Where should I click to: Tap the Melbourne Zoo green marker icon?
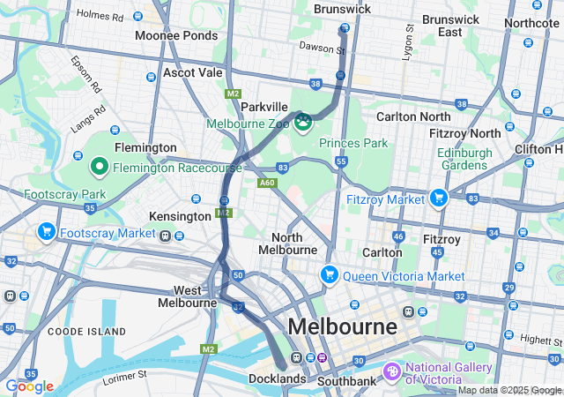click(303, 120)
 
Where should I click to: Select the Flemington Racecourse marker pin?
click(100, 166)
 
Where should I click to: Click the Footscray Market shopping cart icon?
click(46, 232)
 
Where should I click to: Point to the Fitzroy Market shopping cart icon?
click(438, 198)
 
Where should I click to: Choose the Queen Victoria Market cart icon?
click(329, 274)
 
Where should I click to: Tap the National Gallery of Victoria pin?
click(393, 372)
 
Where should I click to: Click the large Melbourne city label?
click(342, 326)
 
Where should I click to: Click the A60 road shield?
click(267, 183)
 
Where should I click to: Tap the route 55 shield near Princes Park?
click(341, 162)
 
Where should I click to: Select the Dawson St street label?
click(322, 48)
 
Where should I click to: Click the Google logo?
click(29, 386)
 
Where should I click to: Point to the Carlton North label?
click(413, 116)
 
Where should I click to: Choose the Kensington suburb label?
click(180, 216)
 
